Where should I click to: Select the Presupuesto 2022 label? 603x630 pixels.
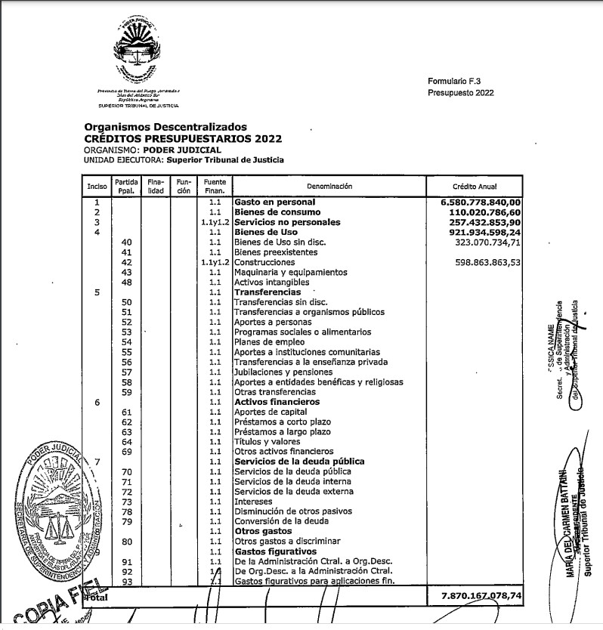460,92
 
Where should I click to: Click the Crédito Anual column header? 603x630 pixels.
475,186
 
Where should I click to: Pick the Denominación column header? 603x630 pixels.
329,186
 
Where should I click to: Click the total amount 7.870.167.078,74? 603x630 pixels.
481,597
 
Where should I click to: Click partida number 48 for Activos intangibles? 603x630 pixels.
127,282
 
